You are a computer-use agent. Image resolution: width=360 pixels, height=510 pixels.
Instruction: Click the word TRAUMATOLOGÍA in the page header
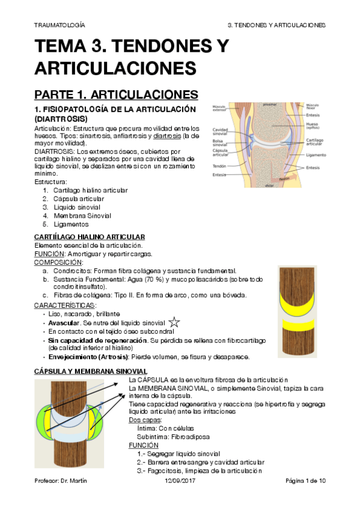[x=59, y=26]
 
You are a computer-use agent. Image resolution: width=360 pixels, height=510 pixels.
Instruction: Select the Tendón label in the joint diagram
[x=218, y=165]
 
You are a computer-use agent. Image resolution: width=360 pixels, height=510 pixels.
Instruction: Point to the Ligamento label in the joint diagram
[x=315, y=154]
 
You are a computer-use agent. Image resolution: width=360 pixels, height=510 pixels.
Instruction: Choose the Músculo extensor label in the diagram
[x=220, y=108]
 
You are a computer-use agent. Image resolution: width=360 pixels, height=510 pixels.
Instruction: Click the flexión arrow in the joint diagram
[x=284, y=179]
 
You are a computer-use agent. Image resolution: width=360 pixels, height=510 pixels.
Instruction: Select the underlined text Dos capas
[x=144, y=420]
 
